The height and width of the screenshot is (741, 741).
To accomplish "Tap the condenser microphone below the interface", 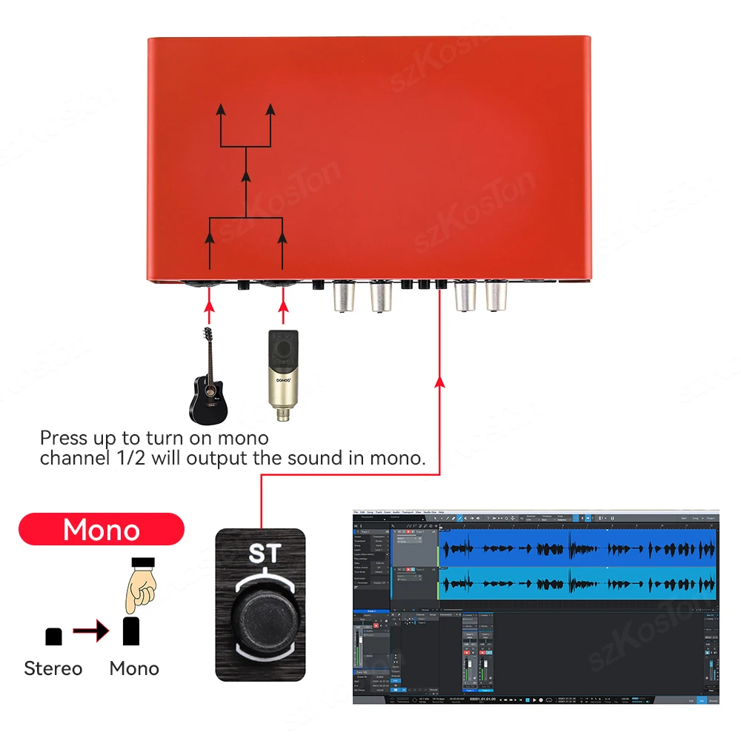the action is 282,374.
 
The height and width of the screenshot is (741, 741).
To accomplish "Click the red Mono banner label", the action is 102,530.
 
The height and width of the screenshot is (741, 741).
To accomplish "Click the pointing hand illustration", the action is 141,585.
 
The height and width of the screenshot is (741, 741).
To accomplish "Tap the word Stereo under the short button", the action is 53,668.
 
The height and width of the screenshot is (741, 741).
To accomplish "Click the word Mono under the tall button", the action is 134,668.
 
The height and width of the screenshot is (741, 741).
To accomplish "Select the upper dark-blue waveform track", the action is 578,549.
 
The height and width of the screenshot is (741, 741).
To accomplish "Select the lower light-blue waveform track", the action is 578,582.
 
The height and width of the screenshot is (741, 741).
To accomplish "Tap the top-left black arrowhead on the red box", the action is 220,110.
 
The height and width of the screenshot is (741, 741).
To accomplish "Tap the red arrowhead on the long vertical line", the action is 439,382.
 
